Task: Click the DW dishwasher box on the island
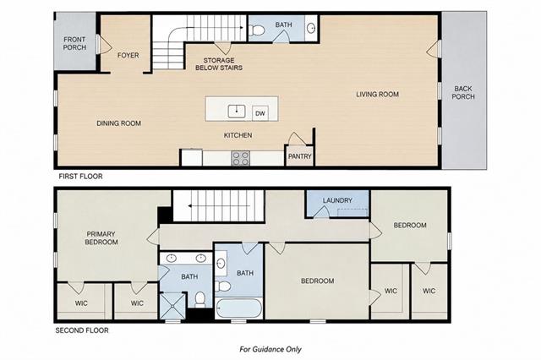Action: pyautogui.click(x=260, y=113)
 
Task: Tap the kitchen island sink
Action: pyautogui.click(x=237, y=112)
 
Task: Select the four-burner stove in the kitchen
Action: pyautogui.click(x=240, y=158)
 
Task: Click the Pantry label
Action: pyautogui.click(x=300, y=156)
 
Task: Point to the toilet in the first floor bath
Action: pyautogui.click(x=256, y=30)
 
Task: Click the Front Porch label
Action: pyautogui.click(x=74, y=43)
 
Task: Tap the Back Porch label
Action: pyautogui.click(x=463, y=93)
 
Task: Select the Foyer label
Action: pyautogui.click(x=128, y=55)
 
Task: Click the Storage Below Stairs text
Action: pyautogui.click(x=219, y=64)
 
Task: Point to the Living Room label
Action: pyautogui.click(x=378, y=94)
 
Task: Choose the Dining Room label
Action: pyautogui.click(x=118, y=123)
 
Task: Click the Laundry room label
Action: pyautogui.click(x=337, y=200)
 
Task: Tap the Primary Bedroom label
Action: pyautogui.click(x=101, y=238)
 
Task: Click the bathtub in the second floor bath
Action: pyautogui.click(x=239, y=308)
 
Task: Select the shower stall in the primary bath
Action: pyautogui.click(x=172, y=306)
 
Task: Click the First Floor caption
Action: pyautogui.click(x=80, y=177)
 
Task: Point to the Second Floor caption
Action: pyautogui.click(x=82, y=330)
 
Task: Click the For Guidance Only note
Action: pyautogui.click(x=270, y=349)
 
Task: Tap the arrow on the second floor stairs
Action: pyautogui.click(x=219, y=206)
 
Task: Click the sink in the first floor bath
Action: pyautogui.click(x=311, y=28)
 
